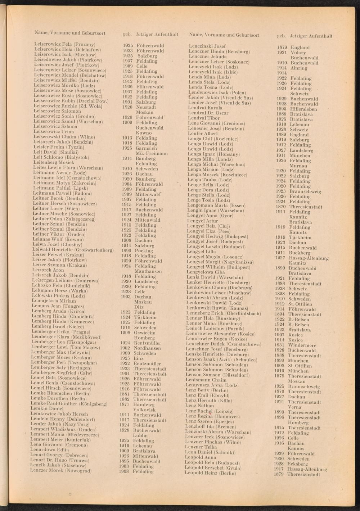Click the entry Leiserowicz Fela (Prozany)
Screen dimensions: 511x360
(x=64, y=44)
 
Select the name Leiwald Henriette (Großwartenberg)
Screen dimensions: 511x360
(x=73, y=250)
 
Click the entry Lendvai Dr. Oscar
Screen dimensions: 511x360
(x=208, y=113)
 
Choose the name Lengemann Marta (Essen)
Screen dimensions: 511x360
(x=216, y=205)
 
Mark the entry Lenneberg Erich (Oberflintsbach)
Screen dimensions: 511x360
(x=223, y=313)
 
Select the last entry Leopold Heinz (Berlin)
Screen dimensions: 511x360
(x=210, y=473)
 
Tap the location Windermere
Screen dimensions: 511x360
(x=302, y=345)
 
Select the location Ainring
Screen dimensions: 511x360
(x=299, y=68)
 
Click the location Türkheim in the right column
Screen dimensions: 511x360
(x=300, y=238)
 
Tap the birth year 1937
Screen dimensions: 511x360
(x=128, y=61)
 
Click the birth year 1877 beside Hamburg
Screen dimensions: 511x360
(x=125, y=404)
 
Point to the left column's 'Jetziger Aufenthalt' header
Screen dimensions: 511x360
(x=157, y=35)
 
